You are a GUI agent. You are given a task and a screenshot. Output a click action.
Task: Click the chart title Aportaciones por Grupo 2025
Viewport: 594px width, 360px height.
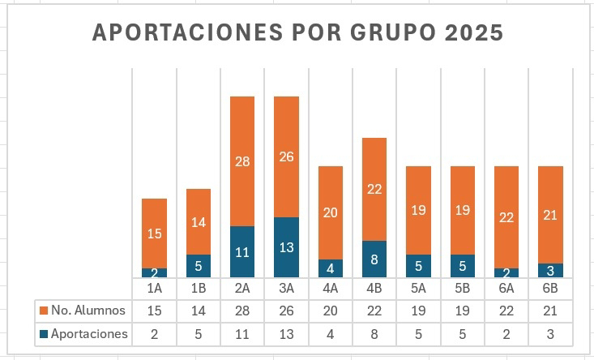297,32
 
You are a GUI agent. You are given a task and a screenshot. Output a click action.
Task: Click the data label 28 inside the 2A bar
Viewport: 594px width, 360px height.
242,161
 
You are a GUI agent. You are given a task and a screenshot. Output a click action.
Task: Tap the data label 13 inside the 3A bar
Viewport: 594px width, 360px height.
286,248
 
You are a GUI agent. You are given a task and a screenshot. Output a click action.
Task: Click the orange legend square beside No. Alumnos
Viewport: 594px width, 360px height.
44,311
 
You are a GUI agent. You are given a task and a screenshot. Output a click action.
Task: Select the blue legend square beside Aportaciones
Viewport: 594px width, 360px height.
44,334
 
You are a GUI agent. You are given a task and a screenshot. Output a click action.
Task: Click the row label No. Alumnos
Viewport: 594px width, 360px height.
88,311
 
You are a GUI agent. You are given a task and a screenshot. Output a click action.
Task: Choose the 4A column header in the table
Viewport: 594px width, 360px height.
331,288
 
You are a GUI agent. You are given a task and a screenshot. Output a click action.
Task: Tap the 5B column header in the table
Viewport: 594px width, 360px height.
462,288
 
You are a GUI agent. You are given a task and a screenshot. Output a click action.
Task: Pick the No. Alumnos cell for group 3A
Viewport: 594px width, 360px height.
286,311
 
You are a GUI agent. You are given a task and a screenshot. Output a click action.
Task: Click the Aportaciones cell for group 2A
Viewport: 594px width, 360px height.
242,334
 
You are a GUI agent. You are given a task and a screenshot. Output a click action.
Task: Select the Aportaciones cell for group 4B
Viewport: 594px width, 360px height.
374,334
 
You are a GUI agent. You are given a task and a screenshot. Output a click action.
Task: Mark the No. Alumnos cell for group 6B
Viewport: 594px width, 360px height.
550,311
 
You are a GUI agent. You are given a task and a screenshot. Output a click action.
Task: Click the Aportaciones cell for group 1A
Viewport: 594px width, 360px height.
154,334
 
